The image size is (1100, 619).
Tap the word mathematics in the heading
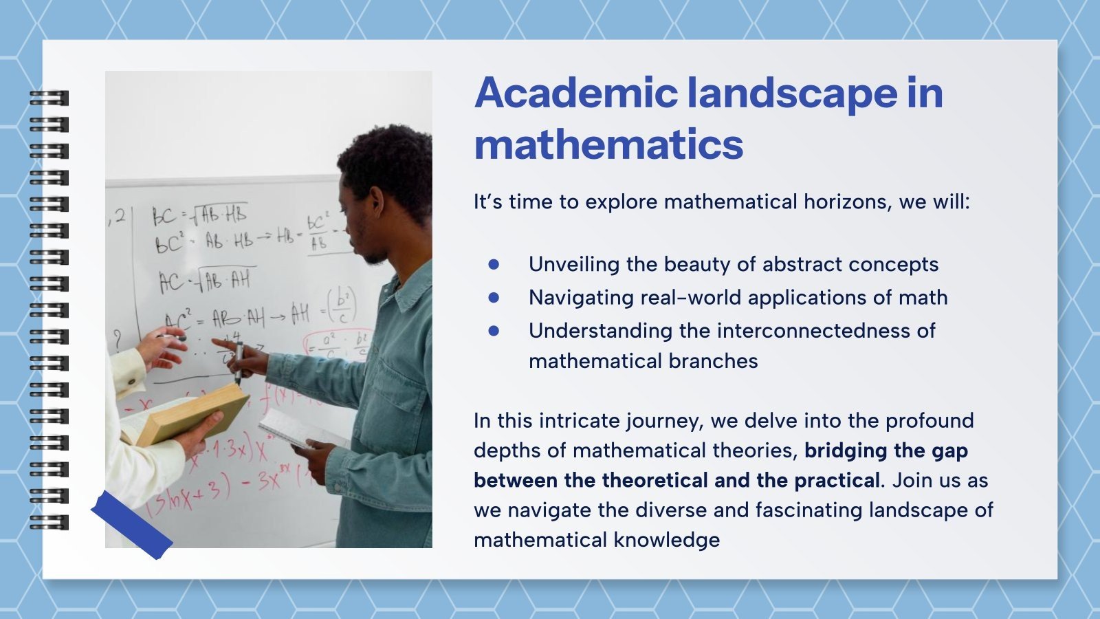tap(608, 144)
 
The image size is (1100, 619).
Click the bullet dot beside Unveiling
tap(494, 264)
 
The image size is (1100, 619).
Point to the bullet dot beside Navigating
tap(494, 297)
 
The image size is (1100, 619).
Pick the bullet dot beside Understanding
tap(494, 330)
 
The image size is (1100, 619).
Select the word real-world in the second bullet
tap(690, 297)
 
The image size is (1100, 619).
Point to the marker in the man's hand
tap(238, 361)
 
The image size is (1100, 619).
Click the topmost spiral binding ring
tap(49, 98)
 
